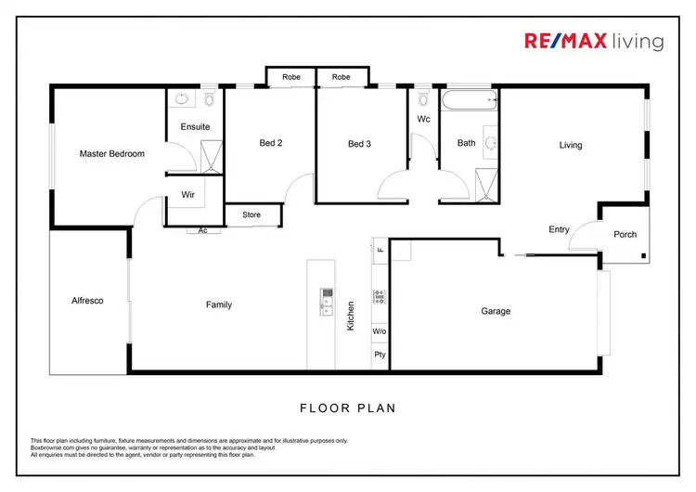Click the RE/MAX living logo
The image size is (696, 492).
(593, 41)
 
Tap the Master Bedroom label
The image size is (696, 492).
(111, 154)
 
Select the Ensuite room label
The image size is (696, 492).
(195, 126)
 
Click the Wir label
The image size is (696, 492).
(187, 195)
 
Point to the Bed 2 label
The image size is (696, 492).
(270, 143)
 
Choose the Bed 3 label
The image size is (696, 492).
(359, 143)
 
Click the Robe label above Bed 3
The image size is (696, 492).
(342, 77)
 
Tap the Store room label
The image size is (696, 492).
(251, 215)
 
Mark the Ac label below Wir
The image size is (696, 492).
(202, 230)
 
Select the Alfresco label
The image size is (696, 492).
(86, 301)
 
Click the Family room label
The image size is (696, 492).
(218, 304)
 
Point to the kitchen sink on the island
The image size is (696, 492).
(328, 297)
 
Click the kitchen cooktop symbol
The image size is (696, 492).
(380, 297)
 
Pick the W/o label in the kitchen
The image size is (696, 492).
(380, 330)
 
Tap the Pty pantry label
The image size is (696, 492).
(380, 355)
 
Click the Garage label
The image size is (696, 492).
(496, 311)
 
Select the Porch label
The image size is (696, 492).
(625, 234)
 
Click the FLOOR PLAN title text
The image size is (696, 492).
(348, 407)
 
